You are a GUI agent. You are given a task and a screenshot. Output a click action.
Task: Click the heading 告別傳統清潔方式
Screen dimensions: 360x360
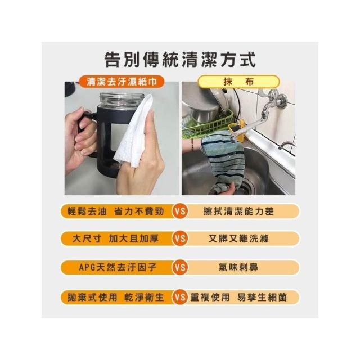point(180,60)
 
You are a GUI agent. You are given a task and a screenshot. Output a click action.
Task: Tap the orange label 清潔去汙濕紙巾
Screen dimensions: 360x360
point(121,82)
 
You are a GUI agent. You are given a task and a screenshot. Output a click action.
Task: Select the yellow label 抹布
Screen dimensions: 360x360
point(238,82)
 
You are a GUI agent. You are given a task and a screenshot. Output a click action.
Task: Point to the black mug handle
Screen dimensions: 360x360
point(85,131)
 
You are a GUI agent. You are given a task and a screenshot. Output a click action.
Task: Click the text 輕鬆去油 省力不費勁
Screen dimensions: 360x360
point(115,211)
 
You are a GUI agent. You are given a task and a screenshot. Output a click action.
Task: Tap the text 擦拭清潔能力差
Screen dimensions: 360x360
point(238,211)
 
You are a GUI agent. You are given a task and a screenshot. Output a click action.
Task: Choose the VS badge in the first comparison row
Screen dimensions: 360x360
point(180,211)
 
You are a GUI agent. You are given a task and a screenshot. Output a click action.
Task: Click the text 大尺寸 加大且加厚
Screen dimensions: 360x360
point(115,238)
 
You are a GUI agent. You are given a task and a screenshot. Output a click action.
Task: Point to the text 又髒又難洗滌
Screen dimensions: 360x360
point(238,238)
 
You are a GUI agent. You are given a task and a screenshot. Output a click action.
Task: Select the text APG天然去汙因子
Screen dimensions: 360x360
point(118,267)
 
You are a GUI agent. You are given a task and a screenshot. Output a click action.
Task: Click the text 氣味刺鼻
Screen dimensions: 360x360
point(238,267)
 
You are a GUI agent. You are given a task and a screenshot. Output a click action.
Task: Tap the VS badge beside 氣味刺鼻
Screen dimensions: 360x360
point(180,267)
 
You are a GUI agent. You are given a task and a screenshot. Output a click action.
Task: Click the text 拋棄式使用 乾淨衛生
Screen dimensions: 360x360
point(115,298)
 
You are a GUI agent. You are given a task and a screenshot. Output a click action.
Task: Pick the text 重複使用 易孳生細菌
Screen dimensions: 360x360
point(238,298)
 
